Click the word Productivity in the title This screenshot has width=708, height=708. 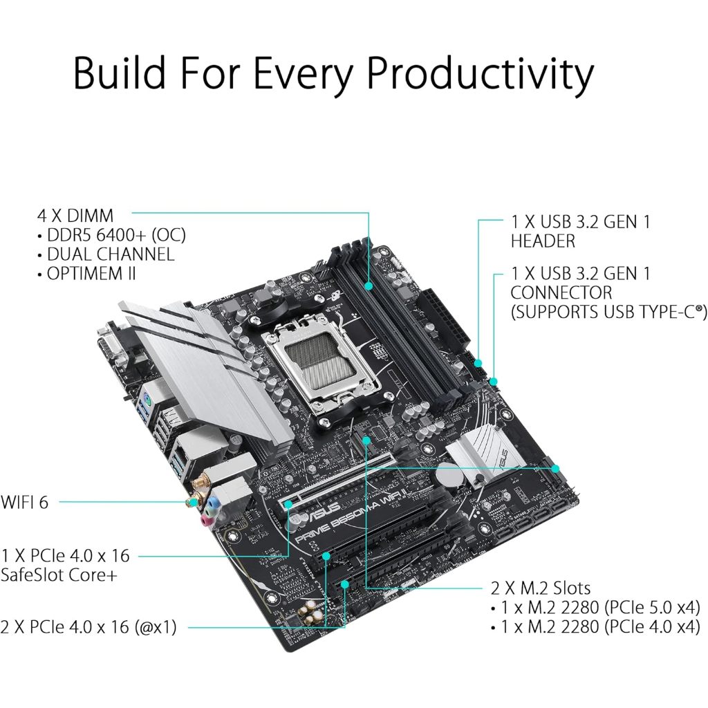[x=480, y=73]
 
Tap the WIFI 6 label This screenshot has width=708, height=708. [x=24, y=502]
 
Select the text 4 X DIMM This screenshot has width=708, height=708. [x=75, y=216]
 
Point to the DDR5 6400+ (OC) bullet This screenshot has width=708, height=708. [x=116, y=235]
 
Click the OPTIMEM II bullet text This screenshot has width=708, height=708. [x=91, y=273]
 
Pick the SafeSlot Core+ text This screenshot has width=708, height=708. [x=59, y=575]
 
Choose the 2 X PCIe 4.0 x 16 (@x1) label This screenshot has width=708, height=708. [x=88, y=626]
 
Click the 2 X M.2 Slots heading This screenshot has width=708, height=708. [x=541, y=588]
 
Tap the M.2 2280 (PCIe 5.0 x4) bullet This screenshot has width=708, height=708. [x=601, y=607]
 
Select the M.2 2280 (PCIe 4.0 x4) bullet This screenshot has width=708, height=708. [x=601, y=626]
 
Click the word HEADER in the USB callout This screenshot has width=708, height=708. [x=543, y=241]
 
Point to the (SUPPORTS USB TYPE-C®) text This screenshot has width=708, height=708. [x=608, y=312]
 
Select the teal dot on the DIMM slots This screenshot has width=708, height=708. [x=369, y=286]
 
